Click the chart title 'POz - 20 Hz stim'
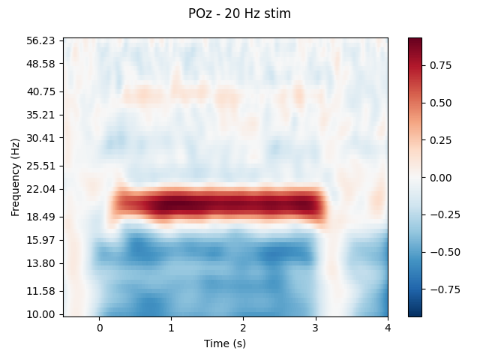(239, 13)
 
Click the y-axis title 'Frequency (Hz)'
(15, 177)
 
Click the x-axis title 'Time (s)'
(225, 343)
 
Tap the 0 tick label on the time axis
(99, 328)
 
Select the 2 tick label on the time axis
(243, 328)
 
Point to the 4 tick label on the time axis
(388, 328)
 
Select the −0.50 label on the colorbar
(437, 252)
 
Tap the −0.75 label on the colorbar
(437, 289)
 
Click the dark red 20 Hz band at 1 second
(171, 203)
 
